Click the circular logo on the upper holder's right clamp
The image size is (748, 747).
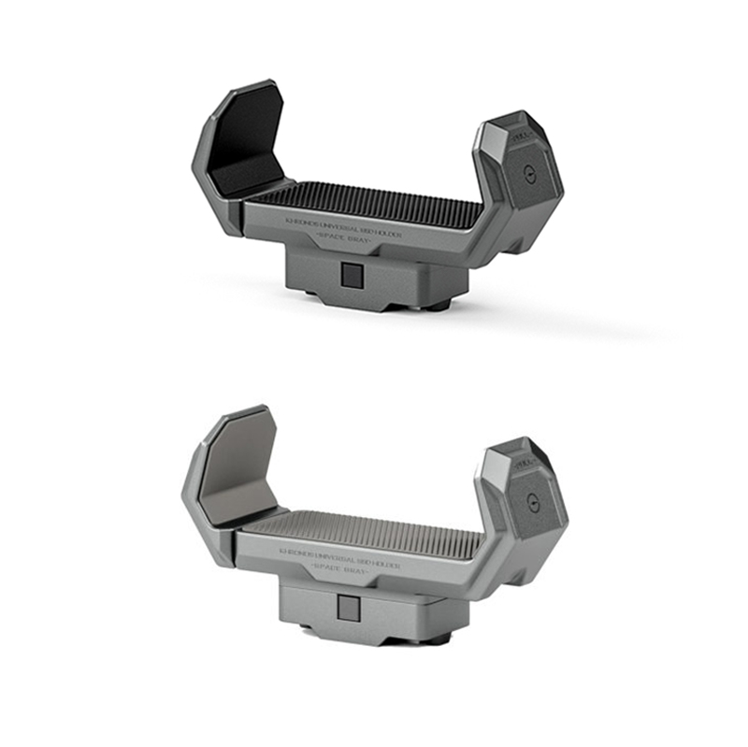tap(530, 174)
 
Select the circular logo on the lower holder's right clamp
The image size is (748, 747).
tap(534, 499)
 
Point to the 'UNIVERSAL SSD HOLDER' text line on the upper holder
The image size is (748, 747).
tap(345, 224)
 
